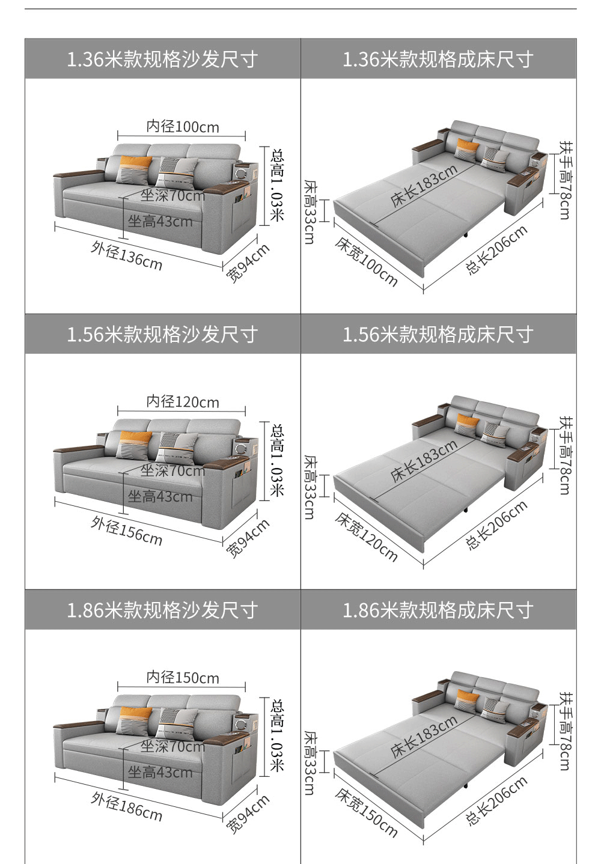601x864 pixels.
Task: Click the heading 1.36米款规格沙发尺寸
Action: (162, 59)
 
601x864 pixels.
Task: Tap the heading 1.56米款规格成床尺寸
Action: (438, 334)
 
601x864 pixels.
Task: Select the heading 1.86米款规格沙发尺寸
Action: (162, 610)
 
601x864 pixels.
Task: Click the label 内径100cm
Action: (183, 127)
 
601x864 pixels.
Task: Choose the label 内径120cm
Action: (183, 402)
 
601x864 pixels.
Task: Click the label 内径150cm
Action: (183, 678)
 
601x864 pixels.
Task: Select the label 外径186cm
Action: (127, 806)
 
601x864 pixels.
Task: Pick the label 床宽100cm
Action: (367, 262)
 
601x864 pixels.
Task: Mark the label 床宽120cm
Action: (367, 537)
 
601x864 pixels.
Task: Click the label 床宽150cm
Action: (367, 813)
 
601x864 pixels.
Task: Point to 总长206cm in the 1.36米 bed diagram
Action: (496, 250)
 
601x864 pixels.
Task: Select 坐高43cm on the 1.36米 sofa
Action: (160, 222)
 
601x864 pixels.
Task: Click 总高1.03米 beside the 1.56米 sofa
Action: (277, 460)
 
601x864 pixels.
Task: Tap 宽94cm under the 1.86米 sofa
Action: (248, 815)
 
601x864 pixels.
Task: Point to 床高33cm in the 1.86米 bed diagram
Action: (309, 763)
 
